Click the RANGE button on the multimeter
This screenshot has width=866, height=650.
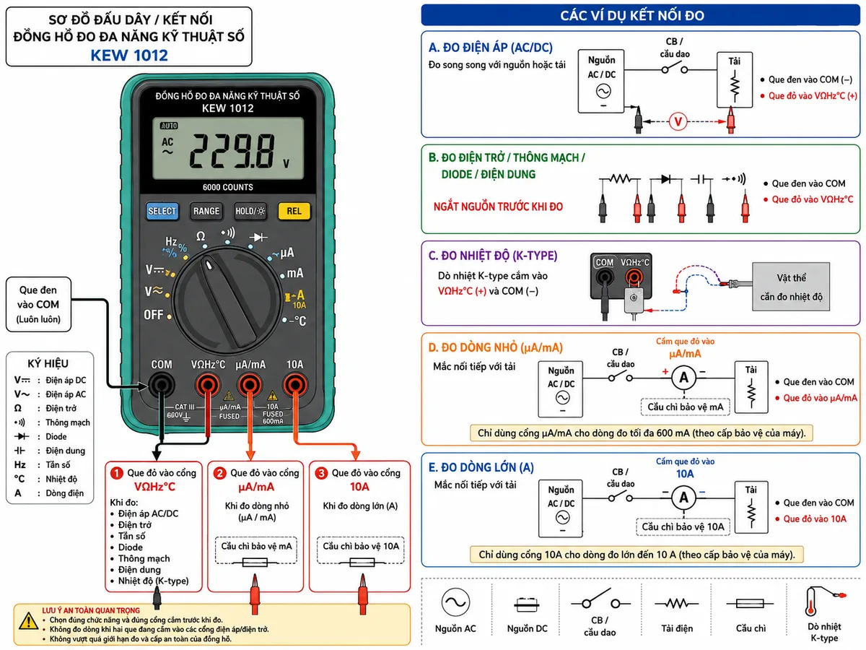(206, 211)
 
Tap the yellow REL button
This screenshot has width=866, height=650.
(294, 211)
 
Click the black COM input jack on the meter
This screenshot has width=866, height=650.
(161, 385)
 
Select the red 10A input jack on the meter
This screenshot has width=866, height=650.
(295, 385)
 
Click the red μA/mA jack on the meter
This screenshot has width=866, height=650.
(250, 385)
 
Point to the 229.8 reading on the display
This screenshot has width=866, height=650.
(232, 151)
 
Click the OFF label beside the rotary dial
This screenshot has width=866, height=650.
(154, 315)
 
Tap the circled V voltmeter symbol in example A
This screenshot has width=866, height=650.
(678, 121)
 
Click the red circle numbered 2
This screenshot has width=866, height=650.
(219, 473)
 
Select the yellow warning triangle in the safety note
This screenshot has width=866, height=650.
(28, 622)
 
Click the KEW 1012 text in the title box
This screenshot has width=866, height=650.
(129, 56)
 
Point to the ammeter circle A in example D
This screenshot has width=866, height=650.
(683, 378)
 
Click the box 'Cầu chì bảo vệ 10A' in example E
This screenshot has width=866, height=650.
(683, 527)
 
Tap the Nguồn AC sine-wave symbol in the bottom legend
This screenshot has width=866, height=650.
(455, 602)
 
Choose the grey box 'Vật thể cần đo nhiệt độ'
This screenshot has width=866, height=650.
(791, 287)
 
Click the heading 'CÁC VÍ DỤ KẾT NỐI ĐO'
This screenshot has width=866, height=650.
(632, 15)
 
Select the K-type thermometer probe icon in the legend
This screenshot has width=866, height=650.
(823, 602)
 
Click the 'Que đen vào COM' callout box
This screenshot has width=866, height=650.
(38, 304)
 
